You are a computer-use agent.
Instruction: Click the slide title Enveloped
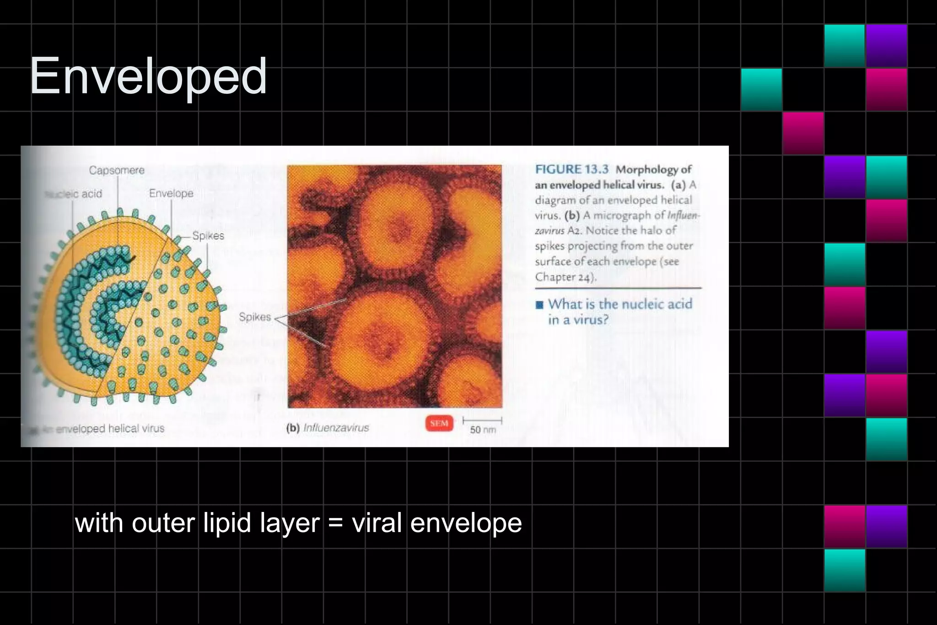(148, 76)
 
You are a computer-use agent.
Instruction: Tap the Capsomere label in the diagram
(117, 171)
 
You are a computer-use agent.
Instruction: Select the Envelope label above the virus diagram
(171, 194)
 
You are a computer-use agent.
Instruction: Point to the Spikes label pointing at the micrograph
(255, 317)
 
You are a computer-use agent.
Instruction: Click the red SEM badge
(439, 424)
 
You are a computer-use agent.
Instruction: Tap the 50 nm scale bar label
(483, 430)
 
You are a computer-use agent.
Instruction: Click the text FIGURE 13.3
(572, 169)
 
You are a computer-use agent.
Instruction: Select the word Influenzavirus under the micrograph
(336, 428)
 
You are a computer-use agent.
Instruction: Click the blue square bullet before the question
(540, 305)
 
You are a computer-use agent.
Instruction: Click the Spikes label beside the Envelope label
(208, 236)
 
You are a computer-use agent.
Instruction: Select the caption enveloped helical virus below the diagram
(110, 429)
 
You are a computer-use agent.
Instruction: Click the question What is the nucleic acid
(620, 304)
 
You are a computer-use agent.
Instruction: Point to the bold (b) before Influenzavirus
(293, 428)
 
